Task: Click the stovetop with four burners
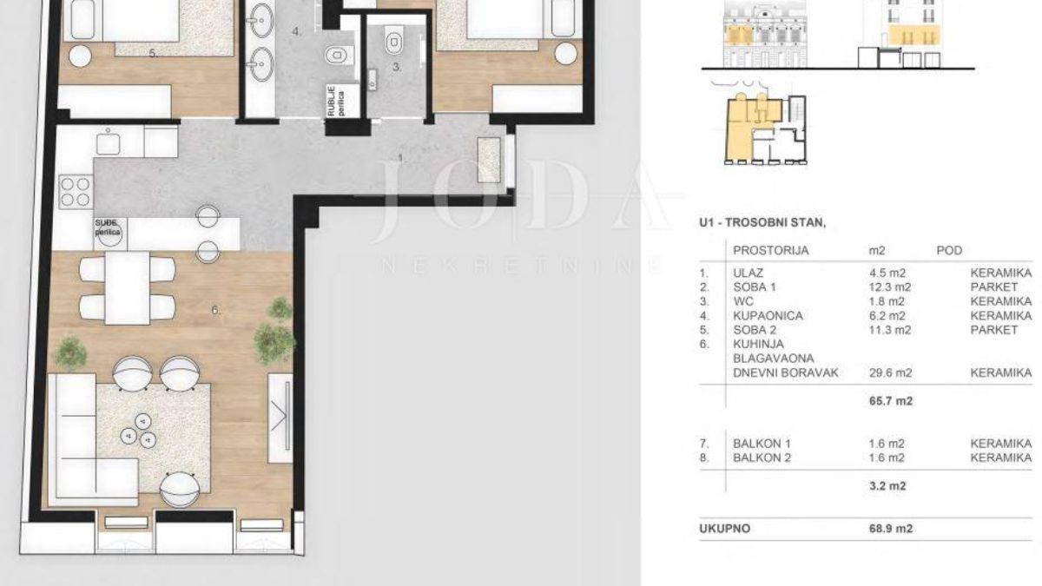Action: [x=76, y=192]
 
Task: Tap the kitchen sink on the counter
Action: [x=108, y=142]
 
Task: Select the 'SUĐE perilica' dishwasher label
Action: [x=108, y=227]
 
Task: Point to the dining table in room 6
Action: [x=128, y=287]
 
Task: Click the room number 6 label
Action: [x=215, y=310]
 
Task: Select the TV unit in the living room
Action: [x=280, y=418]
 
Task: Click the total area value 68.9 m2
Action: [x=891, y=529]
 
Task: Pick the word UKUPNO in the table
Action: [x=724, y=529]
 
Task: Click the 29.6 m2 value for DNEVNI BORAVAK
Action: [x=890, y=372]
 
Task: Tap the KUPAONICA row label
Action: [x=768, y=316]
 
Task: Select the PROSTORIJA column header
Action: [x=771, y=251]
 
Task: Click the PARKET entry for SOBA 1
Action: [x=994, y=287]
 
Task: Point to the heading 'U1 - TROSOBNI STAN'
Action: [x=762, y=222]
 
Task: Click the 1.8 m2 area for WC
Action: [x=887, y=301]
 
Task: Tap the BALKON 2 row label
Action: [x=762, y=458]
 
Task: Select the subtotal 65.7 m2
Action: [x=891, y=400]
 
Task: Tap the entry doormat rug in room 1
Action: [x=490, y=160]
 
